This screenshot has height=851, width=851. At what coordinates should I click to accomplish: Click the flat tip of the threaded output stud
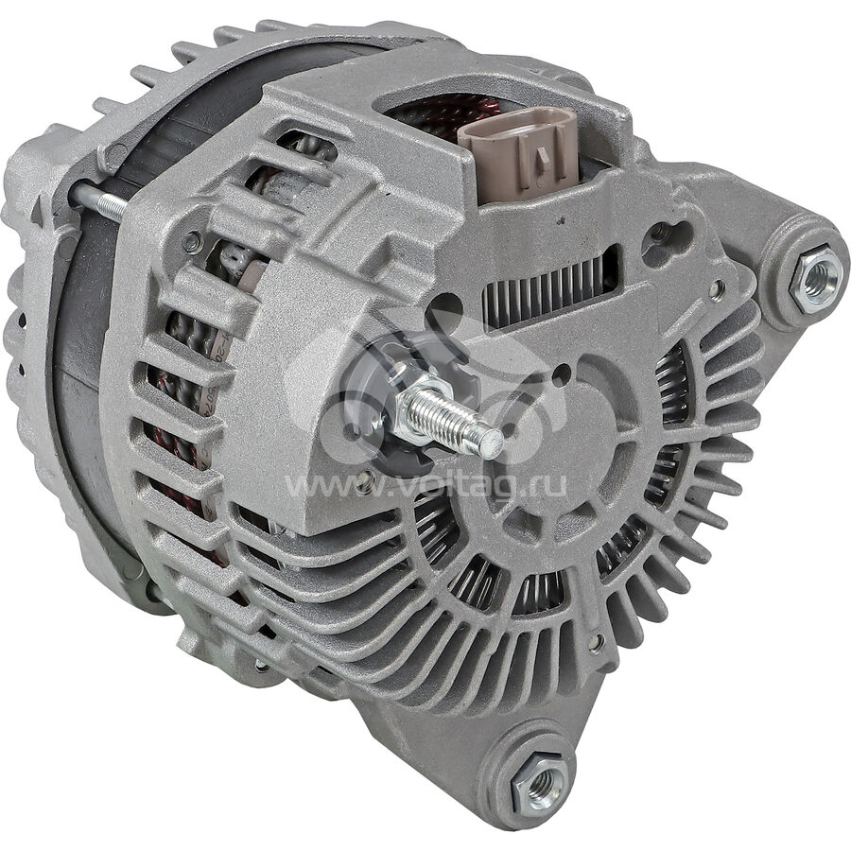tap(493, 442)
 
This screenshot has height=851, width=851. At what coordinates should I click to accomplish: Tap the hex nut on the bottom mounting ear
tap(541, 780)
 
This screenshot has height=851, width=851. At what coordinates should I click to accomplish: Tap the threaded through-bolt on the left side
tap(99, 200)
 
